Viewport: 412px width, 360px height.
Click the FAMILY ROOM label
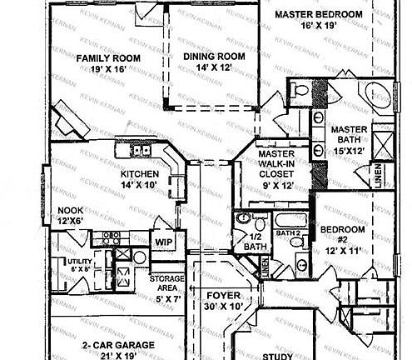click(107, 58)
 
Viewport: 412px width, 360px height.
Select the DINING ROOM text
click(214, 57)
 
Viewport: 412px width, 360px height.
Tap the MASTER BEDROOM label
click(319, 14)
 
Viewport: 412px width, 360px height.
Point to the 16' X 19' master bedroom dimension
click(319, 27)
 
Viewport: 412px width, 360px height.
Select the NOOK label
click(70, 211)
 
